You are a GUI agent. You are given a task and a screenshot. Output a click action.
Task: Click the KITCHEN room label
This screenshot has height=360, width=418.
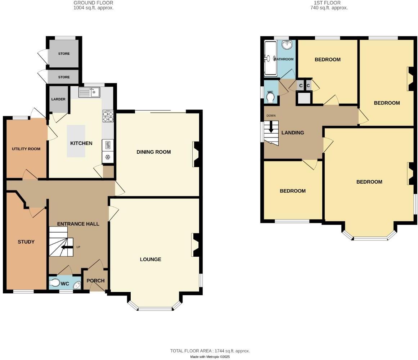[x=81, y=143]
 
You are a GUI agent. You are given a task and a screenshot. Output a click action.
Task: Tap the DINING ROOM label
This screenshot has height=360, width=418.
[x=153, y=152]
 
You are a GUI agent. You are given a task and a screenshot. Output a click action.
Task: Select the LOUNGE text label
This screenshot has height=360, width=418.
[x=150, y=259]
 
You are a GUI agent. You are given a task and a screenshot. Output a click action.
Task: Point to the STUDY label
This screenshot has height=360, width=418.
[x=26, y=242]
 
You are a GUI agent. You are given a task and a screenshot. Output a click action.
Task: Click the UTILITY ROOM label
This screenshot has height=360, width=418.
[x=26, y=149]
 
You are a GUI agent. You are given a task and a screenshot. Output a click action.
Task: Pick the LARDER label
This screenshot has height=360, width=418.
[x=58, y=99]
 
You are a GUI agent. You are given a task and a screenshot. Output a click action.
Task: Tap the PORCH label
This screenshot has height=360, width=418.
[x=96, y=281]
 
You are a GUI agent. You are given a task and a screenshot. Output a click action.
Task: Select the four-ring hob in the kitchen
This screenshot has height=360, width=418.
[x=108, y=116]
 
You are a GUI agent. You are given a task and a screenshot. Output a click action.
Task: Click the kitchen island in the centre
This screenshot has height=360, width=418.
[x=76, y=141]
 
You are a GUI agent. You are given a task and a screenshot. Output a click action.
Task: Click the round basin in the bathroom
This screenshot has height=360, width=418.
[x=287, y=45]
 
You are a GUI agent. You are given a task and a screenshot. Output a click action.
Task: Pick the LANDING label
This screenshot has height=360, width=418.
[x=292, y=132]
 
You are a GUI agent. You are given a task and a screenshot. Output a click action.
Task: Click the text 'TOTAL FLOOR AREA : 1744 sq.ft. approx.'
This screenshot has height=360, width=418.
[x=210, y=351]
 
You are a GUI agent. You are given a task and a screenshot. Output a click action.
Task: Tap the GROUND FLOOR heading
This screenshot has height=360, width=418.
[x=93, y=3]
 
